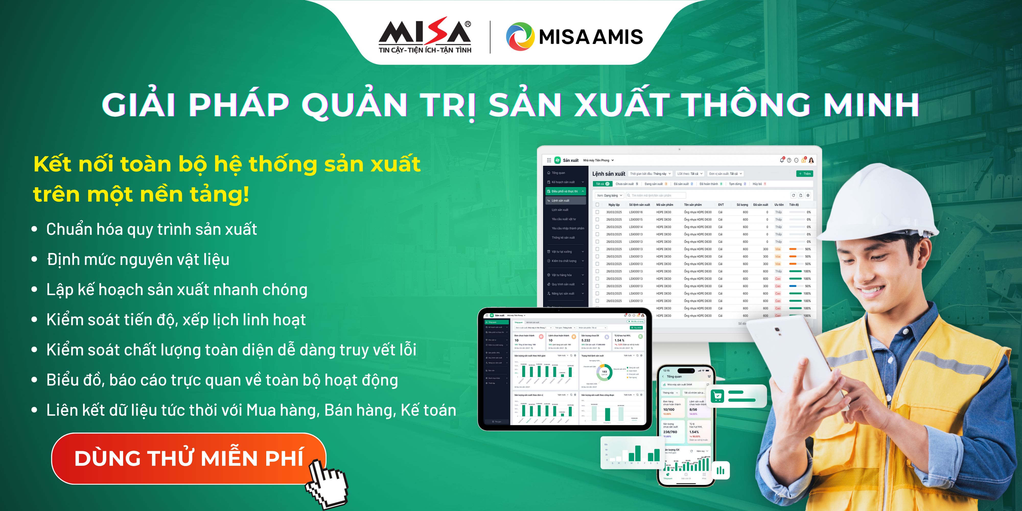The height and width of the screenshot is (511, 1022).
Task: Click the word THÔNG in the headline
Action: [x=746, y=105]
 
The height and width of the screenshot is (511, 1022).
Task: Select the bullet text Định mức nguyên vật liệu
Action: [x=138, y=260]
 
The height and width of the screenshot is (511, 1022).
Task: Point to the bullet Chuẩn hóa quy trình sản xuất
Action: [x=151, y=229]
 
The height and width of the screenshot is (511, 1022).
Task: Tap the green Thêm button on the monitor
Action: [x=805, y=174]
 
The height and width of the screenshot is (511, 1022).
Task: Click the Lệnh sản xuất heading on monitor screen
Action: [x=608, y=174]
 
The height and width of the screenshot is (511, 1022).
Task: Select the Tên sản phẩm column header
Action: [x=693, y=205]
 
